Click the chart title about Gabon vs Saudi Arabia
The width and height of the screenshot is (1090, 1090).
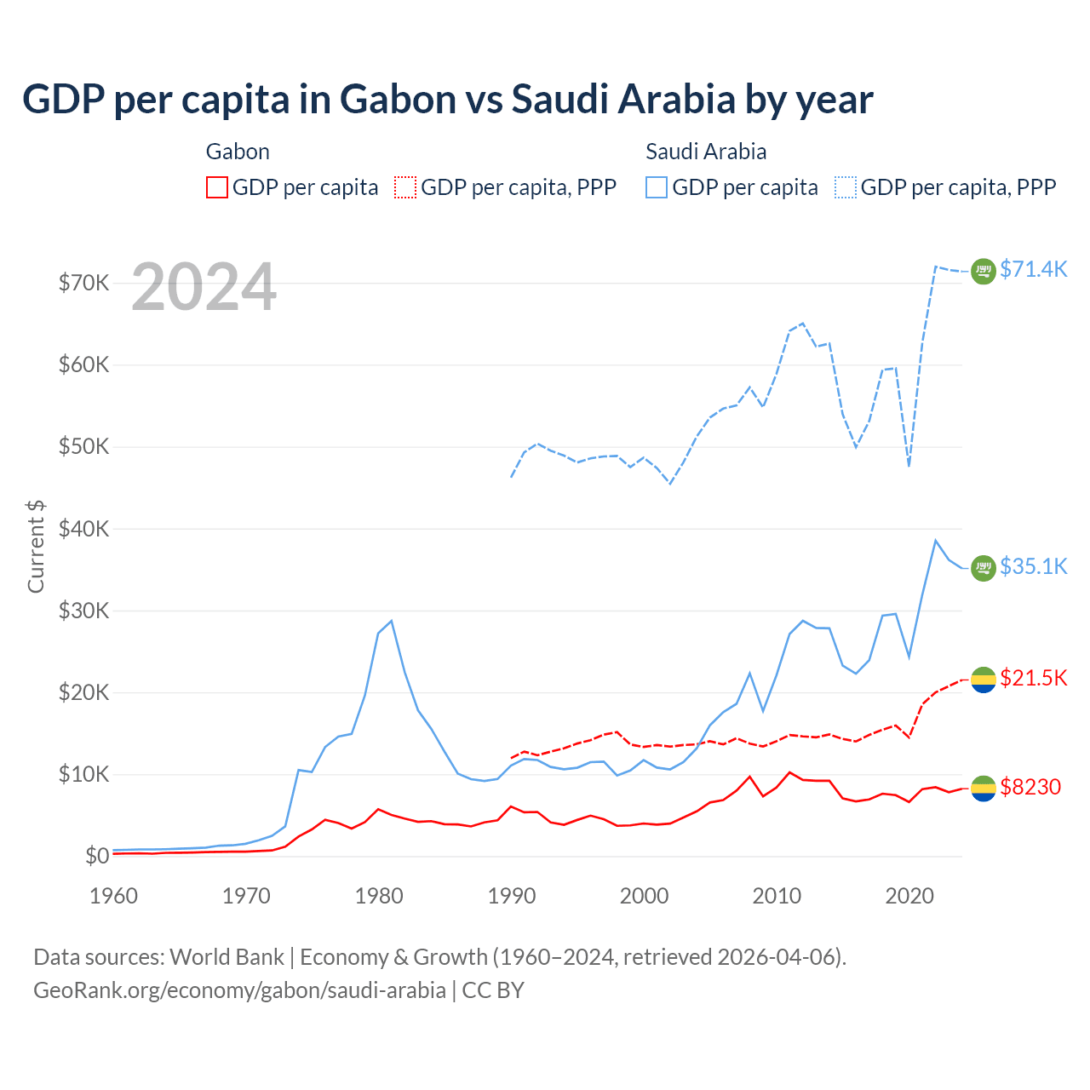pyautogui.click(x=447, y=99)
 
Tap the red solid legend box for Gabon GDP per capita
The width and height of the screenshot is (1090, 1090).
pyautogui.click(x=217, y=187)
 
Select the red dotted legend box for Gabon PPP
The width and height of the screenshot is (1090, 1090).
pyautogui.click(x=406, y=187)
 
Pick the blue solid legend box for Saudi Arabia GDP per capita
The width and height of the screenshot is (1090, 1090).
pyautogui.click(x=657, y=187)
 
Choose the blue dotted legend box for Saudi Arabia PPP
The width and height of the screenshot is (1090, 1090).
pyautogui.click(x=846, y=187)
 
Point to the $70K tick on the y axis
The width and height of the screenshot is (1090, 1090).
pyautogui.click(x=83, y=283)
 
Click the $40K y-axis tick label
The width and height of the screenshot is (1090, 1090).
pyautogui.click(x=83, y=529)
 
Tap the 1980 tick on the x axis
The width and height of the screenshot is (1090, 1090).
pyautogui.click(x=379, y=896)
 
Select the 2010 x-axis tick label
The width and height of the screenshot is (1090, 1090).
pyautogui.click(x=777, y=896)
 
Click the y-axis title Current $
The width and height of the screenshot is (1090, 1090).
pyautogui.click(x=36, y=546)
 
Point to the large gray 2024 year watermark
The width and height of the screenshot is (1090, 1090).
pyautogui.click(x=204, y=288)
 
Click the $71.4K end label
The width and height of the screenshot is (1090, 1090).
pyautogui.click(x=1033, y=269)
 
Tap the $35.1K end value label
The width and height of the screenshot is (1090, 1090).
pyautogui.click(x=1033, y=566)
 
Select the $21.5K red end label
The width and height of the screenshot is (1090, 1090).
pyautogui.click(x=1033, y=678)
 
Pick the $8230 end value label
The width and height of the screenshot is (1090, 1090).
pyautogui.click(x=1030, y=787)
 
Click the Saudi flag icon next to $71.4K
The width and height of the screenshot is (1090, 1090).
pyautogui.click(x=984, y=271)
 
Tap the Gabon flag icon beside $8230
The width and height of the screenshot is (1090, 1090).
pyautogui.click(x=984, y=789)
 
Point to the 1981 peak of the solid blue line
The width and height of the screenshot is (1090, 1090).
pyautogui.click(x=391, y=621)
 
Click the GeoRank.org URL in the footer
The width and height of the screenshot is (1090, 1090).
pyautogui.click(x=239, y=990)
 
